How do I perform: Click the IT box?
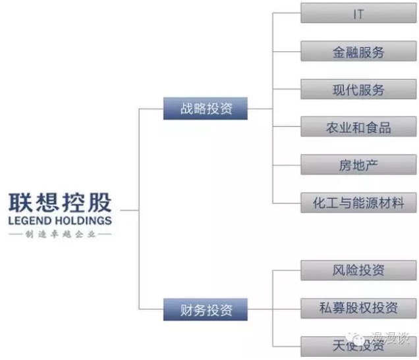(358, 14)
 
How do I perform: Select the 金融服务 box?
(358, 51)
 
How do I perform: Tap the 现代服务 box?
(358, 90)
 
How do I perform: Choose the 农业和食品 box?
(358, 127)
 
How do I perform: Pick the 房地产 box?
(358, 165)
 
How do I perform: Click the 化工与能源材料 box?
(358, 203)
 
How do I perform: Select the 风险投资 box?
(358, 270)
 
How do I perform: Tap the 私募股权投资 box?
(358, 307)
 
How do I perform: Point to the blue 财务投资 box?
(206, 309)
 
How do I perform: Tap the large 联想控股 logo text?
(59, 201)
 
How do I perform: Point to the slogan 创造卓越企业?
(60, 234)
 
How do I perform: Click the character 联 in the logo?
(20, 201)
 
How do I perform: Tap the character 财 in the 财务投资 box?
(186, 309)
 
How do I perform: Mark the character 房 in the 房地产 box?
(345, 165)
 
